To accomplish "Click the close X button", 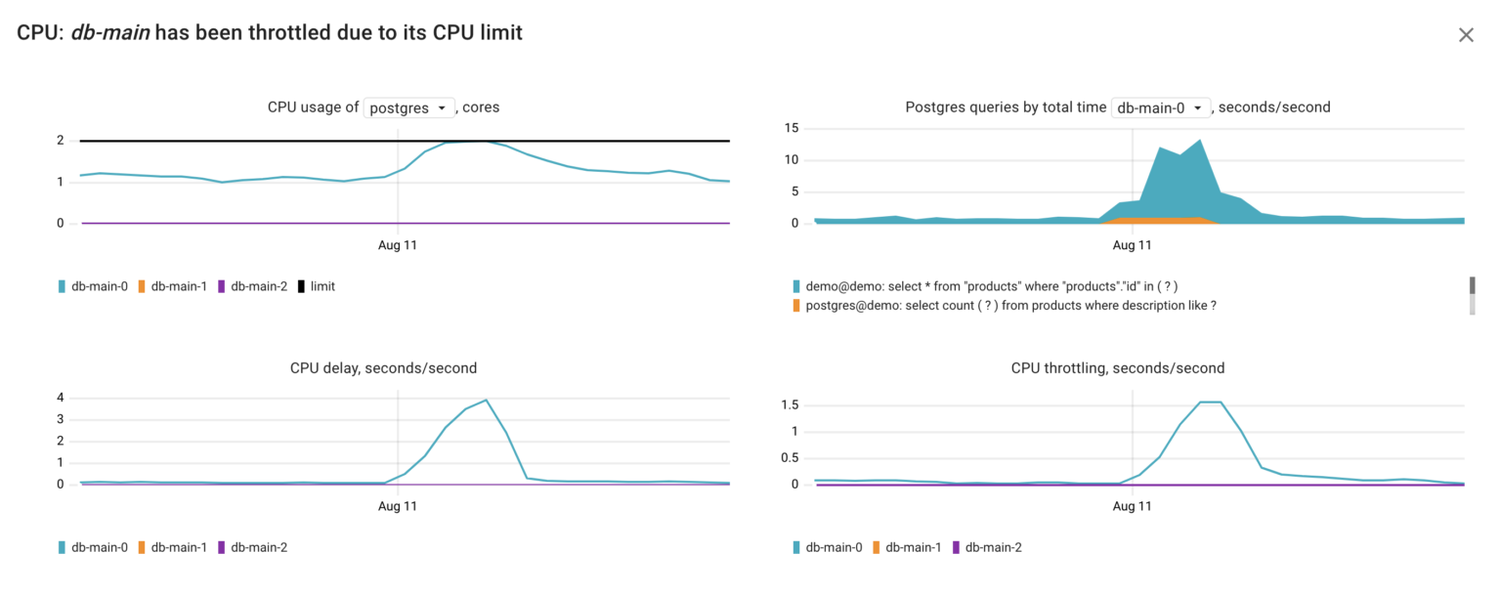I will click(1465, 35).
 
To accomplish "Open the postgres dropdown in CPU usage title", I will click(408, 107).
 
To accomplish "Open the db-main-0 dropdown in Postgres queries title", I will click(1161, 107).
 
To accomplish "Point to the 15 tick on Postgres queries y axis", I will click(793, 128).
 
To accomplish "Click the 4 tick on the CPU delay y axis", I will click(61, 398).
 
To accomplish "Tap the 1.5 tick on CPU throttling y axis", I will click(790, 404).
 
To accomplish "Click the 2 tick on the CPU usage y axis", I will click(61, 141).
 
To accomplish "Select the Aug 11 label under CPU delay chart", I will click(398, 506).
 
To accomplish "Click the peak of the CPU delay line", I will click(486, 400).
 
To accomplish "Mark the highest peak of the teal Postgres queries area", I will click(1200, 140).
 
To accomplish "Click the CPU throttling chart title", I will click(1117, 368).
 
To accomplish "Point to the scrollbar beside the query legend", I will click(1471, 294).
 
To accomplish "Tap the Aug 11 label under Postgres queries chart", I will click(1132, 245).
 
